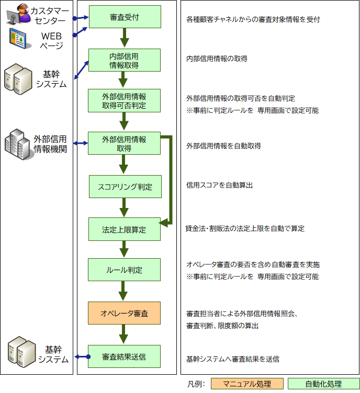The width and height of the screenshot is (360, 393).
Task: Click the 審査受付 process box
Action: coord(125,17)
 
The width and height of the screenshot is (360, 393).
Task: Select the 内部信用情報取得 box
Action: coord(125,60)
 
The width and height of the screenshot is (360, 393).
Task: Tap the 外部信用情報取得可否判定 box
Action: coord(125,100)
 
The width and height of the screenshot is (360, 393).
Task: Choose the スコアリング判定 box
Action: coord(125,187)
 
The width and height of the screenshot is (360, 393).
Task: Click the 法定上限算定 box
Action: coord(125,229)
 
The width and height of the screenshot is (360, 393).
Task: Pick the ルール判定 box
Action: coord(125,270)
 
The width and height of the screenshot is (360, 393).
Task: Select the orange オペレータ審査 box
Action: coord(125,314)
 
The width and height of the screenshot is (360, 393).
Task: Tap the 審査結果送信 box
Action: coord(125,357)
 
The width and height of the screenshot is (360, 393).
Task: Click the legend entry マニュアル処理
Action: coord(247,384)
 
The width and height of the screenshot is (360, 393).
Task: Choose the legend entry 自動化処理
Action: coord(324,384)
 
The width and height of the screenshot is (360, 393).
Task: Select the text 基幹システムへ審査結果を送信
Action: coord(232,359)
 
